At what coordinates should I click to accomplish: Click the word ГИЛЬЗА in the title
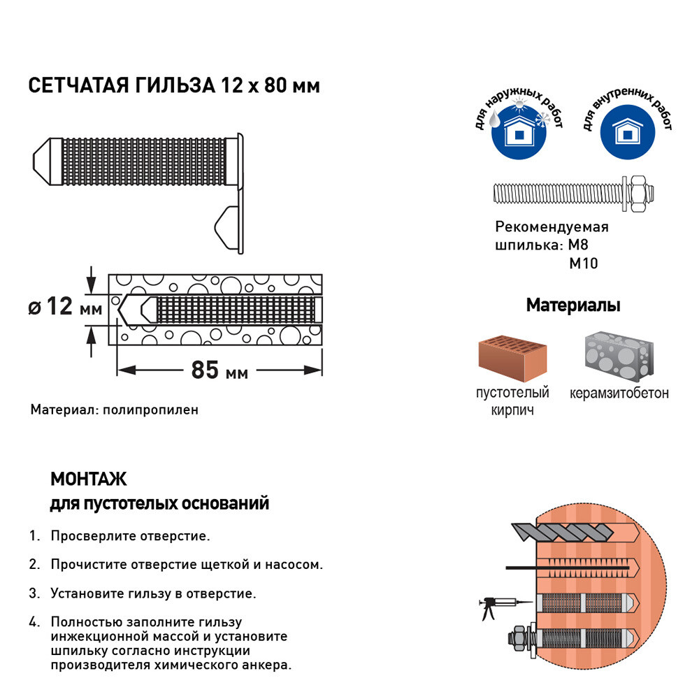(x=175, y=85)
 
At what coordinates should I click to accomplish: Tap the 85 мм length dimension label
(x=219, y=370)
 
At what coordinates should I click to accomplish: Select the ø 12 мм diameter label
(x=65, y=306)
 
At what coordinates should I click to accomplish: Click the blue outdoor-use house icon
(x=519, y=132)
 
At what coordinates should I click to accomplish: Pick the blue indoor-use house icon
(x=628, y=132)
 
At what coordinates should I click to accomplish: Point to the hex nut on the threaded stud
(x=639, y=194)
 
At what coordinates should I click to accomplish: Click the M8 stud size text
(x=578, y=245)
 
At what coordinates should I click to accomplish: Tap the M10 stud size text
(x=584, y=264)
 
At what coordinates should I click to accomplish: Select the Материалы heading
(x=573, y=305)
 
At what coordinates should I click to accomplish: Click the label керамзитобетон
(x=619, y=393)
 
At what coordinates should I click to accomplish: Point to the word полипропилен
(x=151, y=410)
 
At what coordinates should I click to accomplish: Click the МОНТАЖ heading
(x=89, y=480)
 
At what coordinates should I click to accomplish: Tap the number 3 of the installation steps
(x=34, y=593)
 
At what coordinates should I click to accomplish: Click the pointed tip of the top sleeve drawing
(x=34, y=161)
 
